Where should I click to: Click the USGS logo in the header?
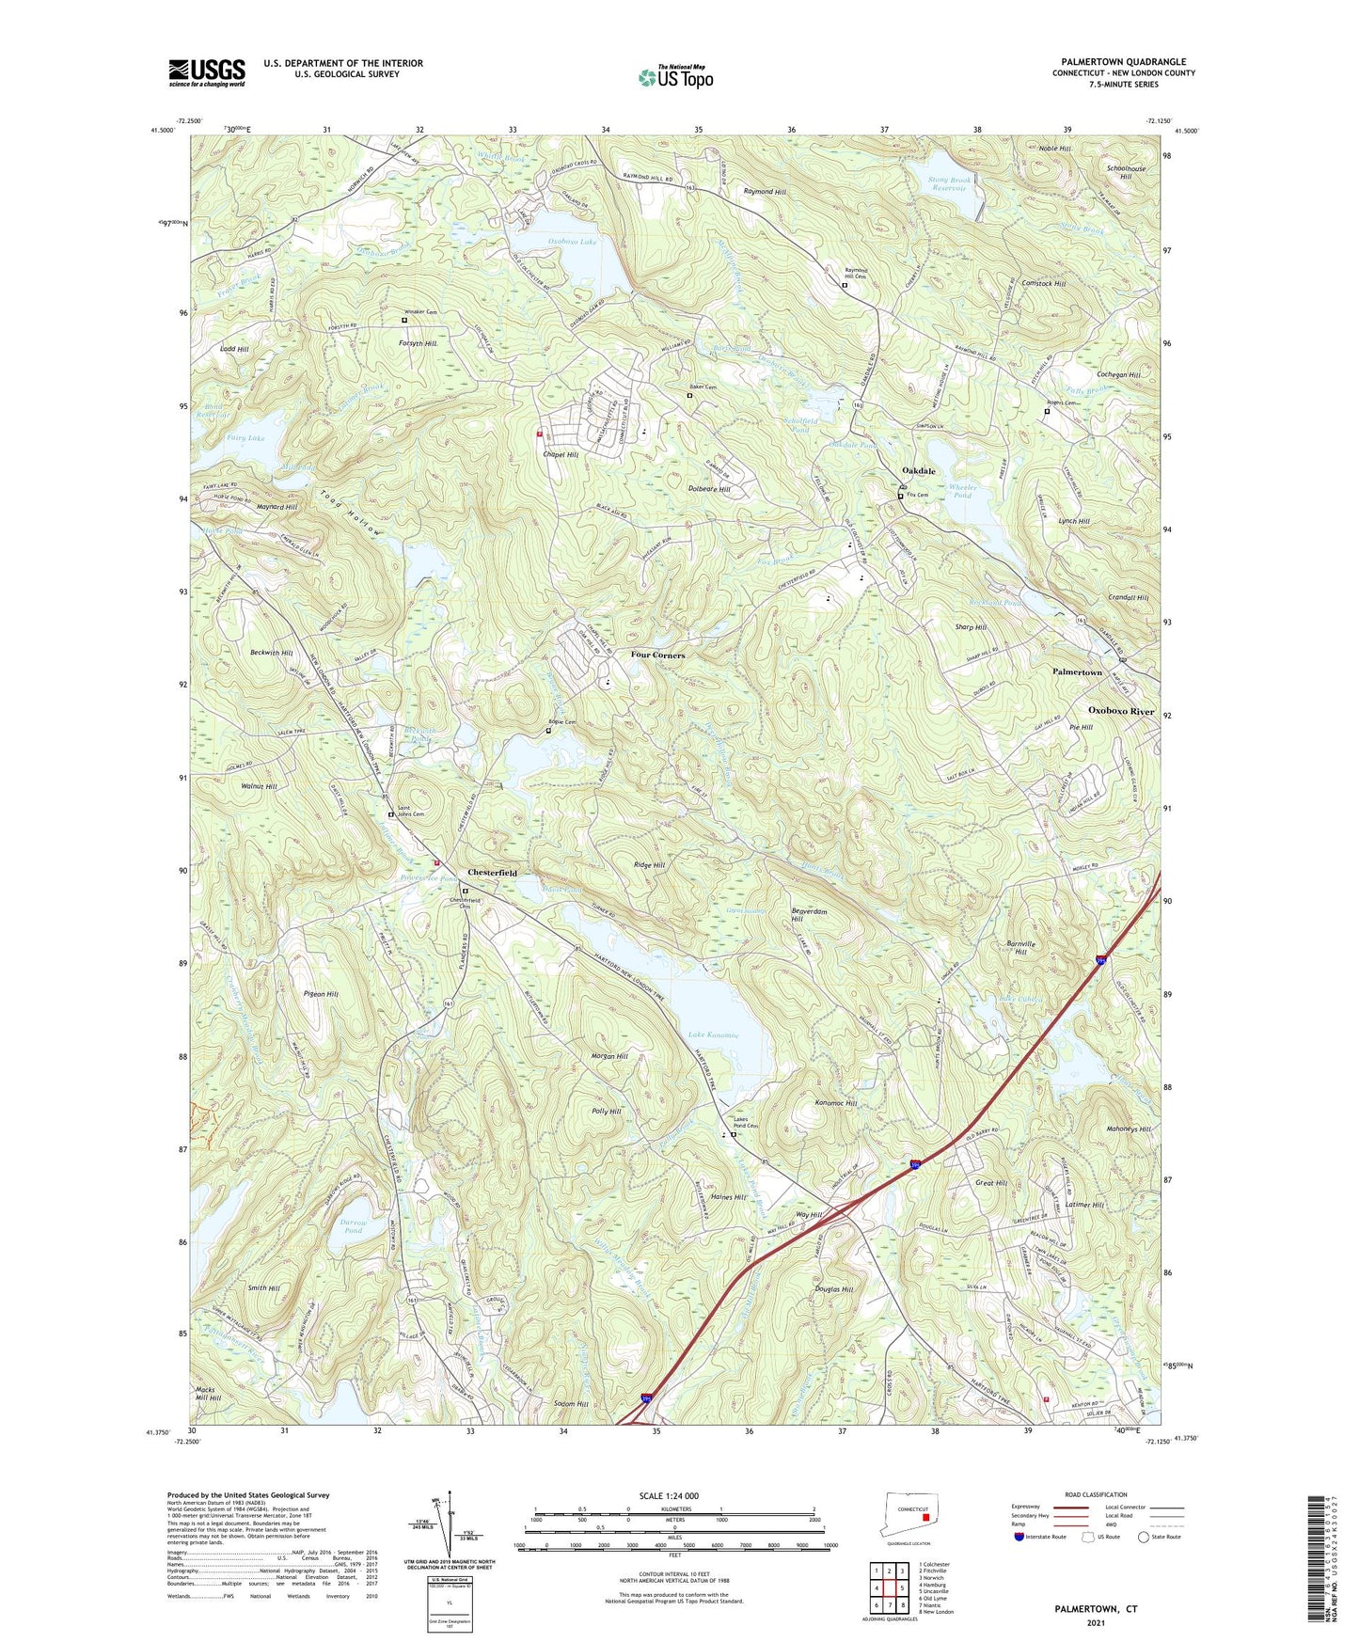click(x=207, y=72)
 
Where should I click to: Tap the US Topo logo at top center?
click(x=674, y=77)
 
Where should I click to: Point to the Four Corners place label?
click(x=657, y=655)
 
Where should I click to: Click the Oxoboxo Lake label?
click(x=572, y=242)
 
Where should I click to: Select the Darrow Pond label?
click(x=352, y=1225)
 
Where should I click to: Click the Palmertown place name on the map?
click(x=1076, y=672)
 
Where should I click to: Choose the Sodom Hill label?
click(x=567, y=1403)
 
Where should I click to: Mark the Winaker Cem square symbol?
click(x=404, y=320)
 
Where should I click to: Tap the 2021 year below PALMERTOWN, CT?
click(x=1094, y=1623)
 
